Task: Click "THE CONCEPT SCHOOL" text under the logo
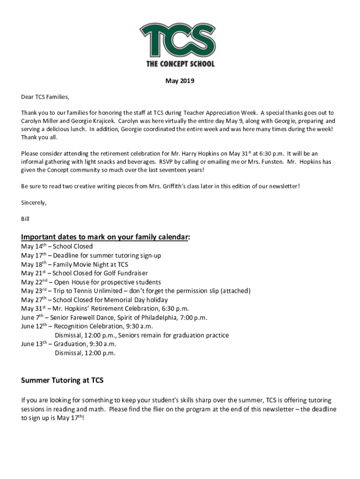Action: click(180, 64)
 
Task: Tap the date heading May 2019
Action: click(180, 81)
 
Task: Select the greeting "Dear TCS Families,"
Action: click(45, 97)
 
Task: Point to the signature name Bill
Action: click(25, 218)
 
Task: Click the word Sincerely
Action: click(34, 203)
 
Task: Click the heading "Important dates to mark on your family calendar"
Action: click(105, 237)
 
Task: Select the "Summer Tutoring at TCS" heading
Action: click(62, 380)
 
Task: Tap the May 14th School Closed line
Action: click(57, 247)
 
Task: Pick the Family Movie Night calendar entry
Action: click(74, 264)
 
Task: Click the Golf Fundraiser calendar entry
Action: click(84, 273)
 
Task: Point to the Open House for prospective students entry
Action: click(91, 282)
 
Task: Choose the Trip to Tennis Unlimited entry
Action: click(136, 291)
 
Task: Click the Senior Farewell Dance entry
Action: click(114, 318)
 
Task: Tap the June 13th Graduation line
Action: click(68, 344)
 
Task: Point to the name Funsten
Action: click(271, 162)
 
